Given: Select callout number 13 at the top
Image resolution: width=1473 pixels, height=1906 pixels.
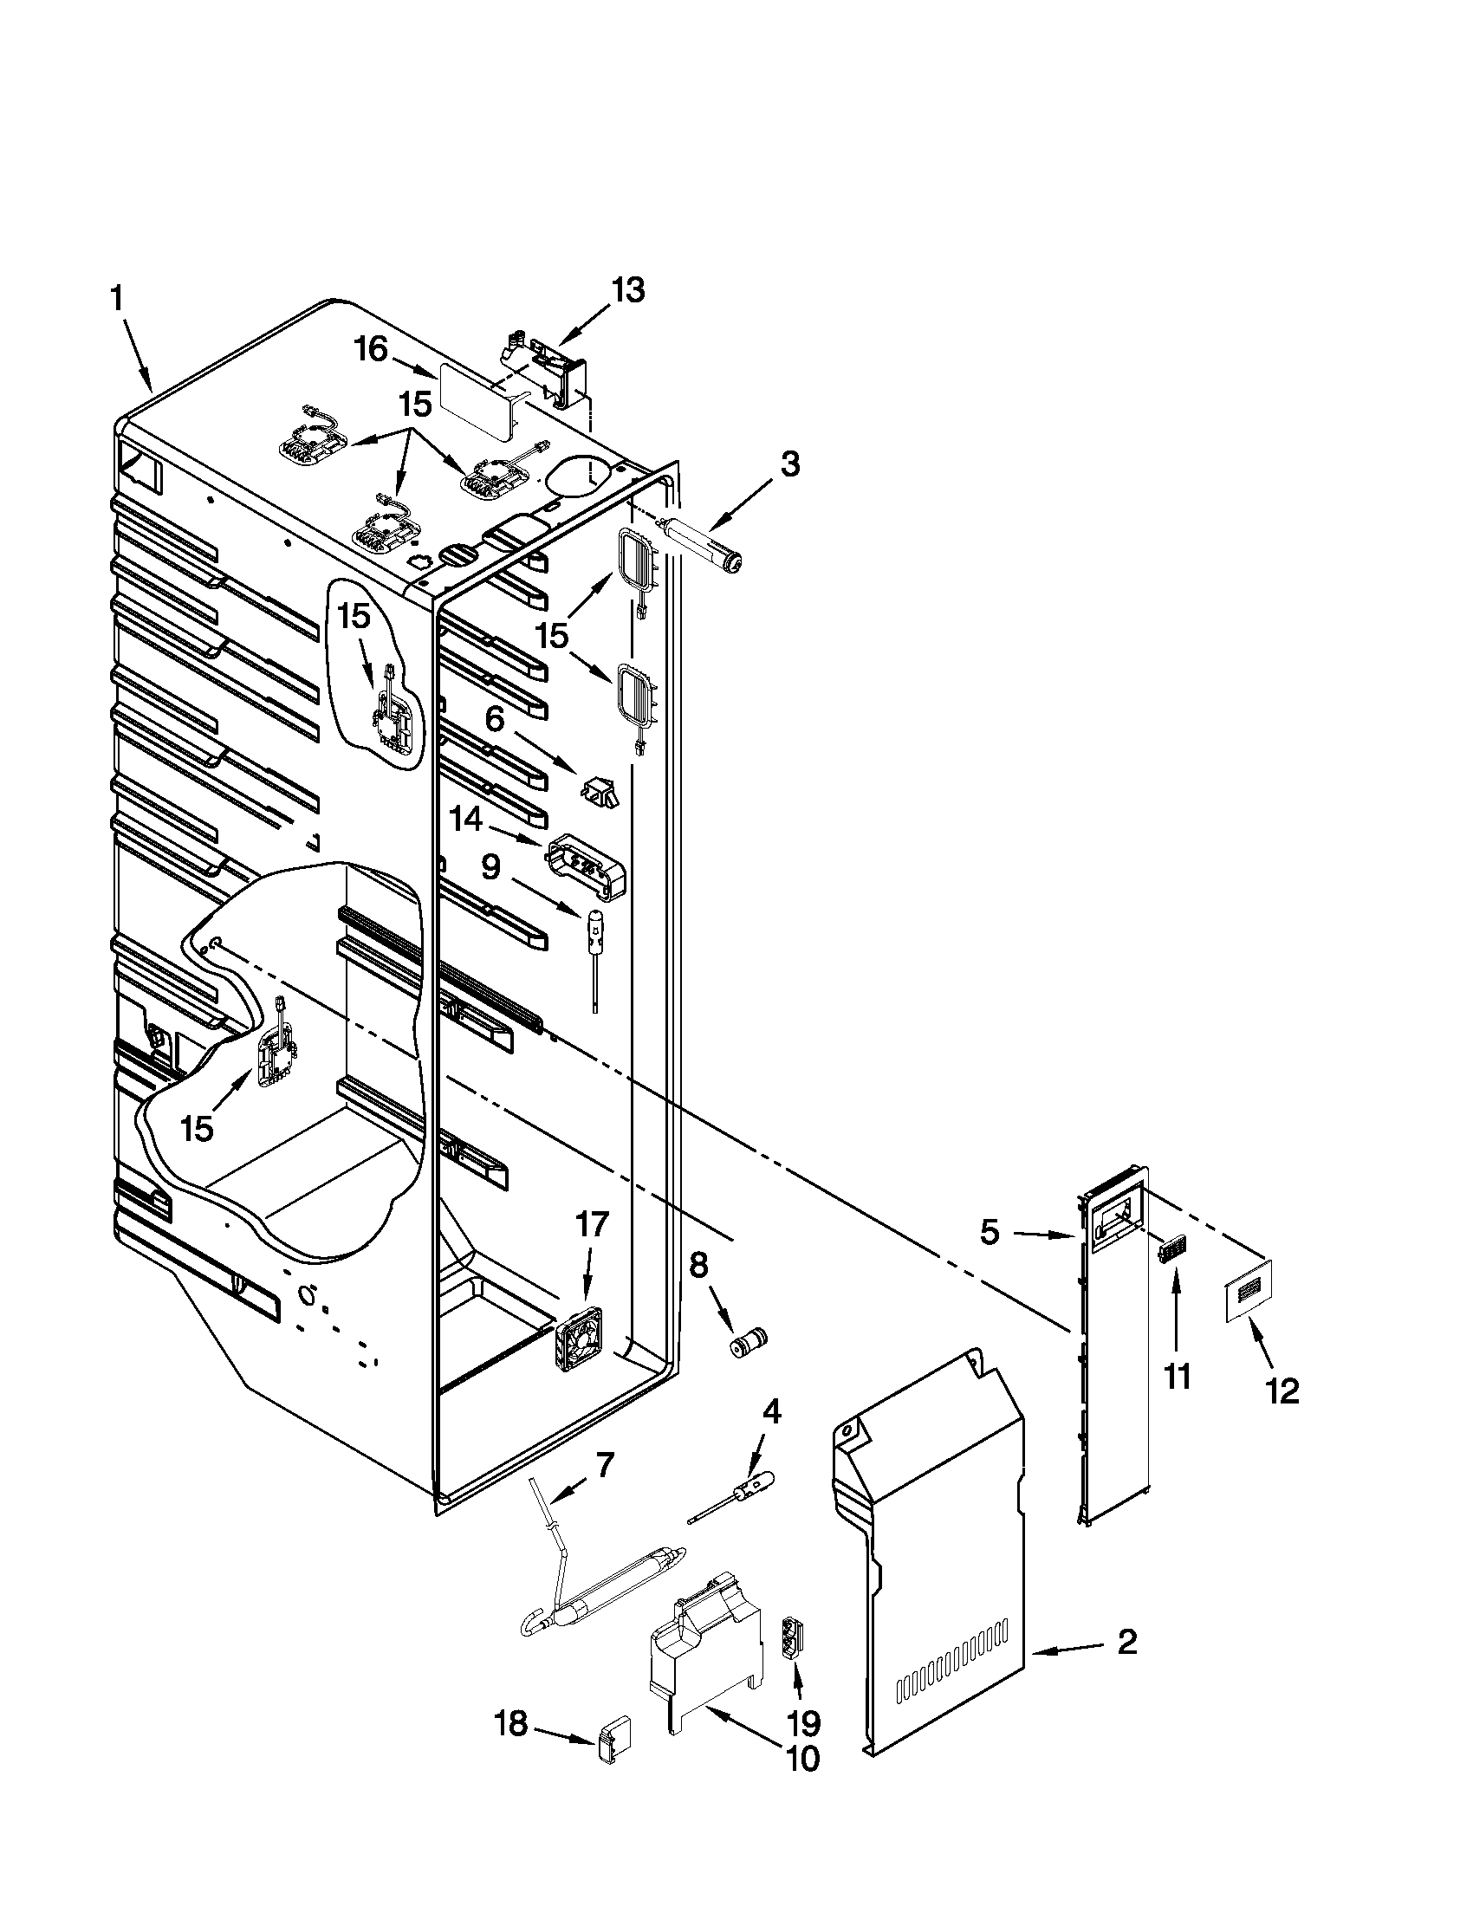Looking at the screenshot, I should (628, 289).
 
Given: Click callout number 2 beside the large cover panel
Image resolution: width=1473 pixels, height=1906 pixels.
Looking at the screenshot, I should (1127, 1643).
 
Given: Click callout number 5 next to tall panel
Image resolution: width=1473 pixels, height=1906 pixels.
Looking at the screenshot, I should (989, 1232).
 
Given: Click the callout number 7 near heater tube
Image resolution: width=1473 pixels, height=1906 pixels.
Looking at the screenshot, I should (605, 1463).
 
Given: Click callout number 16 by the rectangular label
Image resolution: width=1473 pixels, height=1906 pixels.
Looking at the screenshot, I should (370, 350).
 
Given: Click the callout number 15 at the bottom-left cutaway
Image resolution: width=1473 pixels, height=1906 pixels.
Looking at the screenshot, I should (197, 1128).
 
